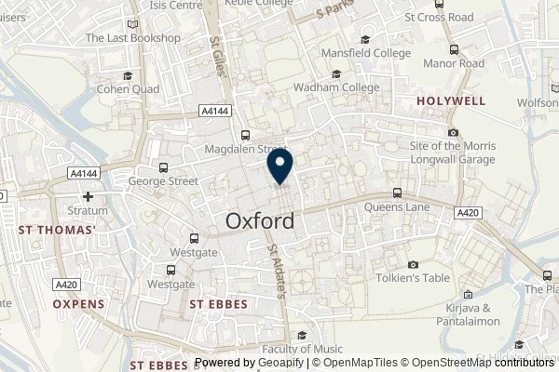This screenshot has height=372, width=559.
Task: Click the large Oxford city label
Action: [x=260, y=221]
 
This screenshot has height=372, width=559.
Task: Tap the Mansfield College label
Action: [x=365, y=54]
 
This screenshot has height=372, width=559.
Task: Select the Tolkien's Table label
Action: [x=414, y=278]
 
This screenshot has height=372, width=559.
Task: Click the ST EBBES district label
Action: [x=222, y=303]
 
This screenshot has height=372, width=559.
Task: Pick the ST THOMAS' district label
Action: [x=58, y=229]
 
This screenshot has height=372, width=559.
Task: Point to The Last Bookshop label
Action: [x=131, y=37]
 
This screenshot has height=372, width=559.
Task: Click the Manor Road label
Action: [x=453, y=64]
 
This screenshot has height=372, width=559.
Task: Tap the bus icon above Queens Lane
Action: [x=398, y=193]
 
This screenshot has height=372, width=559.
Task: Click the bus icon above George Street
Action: [x=164, y=167]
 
